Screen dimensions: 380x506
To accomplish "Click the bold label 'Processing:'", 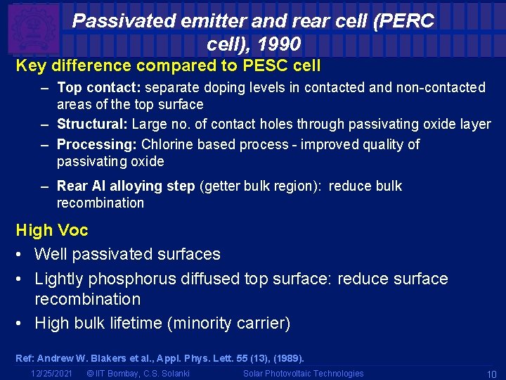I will point(97,145).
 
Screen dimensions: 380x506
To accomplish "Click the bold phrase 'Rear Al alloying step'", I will point(126,186).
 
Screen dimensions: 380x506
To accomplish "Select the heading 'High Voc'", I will point(52,230).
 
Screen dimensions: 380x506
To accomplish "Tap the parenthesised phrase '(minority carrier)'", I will point(238,324).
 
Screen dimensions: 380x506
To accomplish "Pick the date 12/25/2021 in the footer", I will point(52,374).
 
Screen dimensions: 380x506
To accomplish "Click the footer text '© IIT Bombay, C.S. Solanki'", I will point(137,374).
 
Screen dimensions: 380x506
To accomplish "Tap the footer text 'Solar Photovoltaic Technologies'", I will point(304,374).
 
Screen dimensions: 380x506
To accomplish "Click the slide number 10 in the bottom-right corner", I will point(491,374).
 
